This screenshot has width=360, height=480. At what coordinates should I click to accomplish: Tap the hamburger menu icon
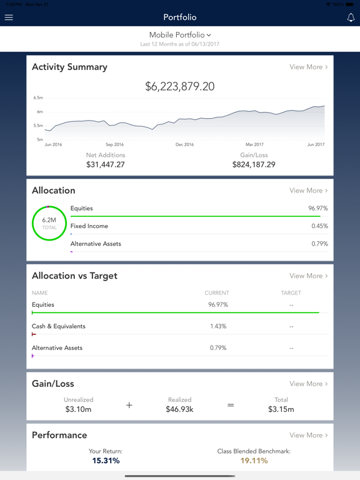tap(9, 17)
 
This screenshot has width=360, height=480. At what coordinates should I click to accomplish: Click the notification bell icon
tap(351, 17)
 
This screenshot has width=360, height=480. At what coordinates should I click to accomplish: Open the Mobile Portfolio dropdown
tap(180, 35)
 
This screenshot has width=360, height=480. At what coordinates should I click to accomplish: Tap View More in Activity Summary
tap(308, 67)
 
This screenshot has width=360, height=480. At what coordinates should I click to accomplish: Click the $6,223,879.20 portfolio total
tap(180, 87)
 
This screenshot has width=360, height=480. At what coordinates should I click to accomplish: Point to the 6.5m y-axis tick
tap(38, 98)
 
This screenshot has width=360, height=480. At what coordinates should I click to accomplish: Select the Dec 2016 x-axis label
tap(184, 144)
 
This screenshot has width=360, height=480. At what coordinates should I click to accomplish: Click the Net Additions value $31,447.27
tap(106, 164)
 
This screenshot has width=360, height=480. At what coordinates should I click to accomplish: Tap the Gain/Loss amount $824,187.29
tap(254, 164)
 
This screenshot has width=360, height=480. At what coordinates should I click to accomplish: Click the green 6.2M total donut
tap(49, 223)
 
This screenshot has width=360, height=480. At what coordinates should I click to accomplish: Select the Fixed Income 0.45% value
tap(319, 226)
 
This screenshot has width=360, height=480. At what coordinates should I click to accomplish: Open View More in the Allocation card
tap(308, 191)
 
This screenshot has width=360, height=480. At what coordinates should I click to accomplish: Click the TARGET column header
tap(291, 292)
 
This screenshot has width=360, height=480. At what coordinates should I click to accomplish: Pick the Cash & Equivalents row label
tap(59, 326)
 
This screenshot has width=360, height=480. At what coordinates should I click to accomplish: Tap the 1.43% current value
tap(218, 326)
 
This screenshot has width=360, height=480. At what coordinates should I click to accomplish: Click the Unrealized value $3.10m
tap(79, 409)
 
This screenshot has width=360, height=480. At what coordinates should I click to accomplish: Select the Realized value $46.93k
tap(180, 409)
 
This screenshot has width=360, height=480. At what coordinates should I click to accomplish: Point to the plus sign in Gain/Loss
tap(129, 405)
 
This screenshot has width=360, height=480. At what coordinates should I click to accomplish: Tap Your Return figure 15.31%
tap(106, 461)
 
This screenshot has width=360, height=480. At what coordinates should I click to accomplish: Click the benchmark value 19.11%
tap(254, 461)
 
